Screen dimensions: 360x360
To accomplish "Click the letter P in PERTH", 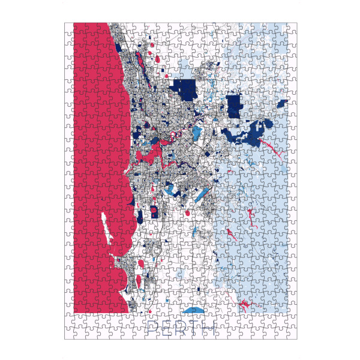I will pyautogui.click(x=152, y=328).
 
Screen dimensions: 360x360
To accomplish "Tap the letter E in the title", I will pyautogui.click(x=167, y=328).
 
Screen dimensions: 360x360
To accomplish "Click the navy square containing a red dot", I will pyautogui.click(x=154, y=211).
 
